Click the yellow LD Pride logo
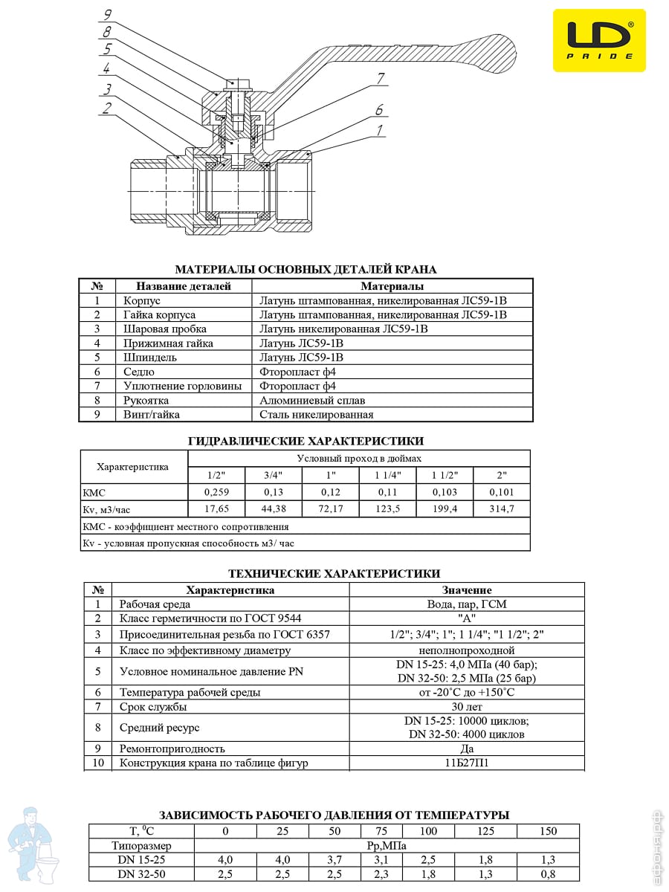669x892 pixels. tap(599, 40)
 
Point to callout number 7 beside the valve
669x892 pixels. tap(381, 78)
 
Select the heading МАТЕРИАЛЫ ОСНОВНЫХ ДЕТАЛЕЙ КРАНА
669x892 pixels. tap(306, 269)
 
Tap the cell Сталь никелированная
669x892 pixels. tap(317, 415)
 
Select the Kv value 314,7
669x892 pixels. tap(501, 509)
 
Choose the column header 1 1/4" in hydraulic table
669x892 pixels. tap(387, 475)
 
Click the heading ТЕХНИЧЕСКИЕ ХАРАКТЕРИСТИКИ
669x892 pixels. tap(334, 573)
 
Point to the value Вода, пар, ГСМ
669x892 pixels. tap(467, 604)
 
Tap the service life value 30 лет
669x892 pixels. tap(467, 707)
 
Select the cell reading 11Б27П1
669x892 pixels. tap(467, 763)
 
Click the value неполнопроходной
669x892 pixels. tap(467, 650)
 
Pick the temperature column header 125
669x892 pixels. tap(485, 831)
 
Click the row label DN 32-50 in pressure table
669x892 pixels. tap(141, 874)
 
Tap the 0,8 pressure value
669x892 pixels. tap(548, 874)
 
